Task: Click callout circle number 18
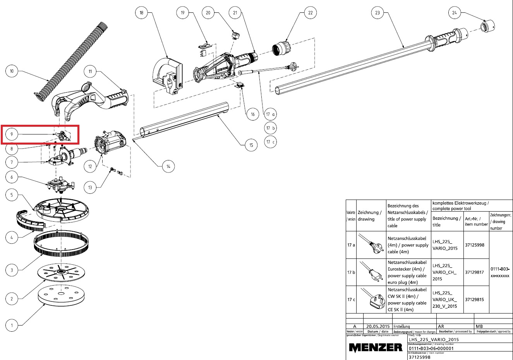[141, 13]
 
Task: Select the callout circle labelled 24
[455, 13]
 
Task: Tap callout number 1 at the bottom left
[12, 325]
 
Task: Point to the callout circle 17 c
[271, 142]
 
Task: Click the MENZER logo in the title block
[376, 347]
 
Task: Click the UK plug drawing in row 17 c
[371, 299]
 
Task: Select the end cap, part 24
[486, 27]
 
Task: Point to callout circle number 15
[251, 145]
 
